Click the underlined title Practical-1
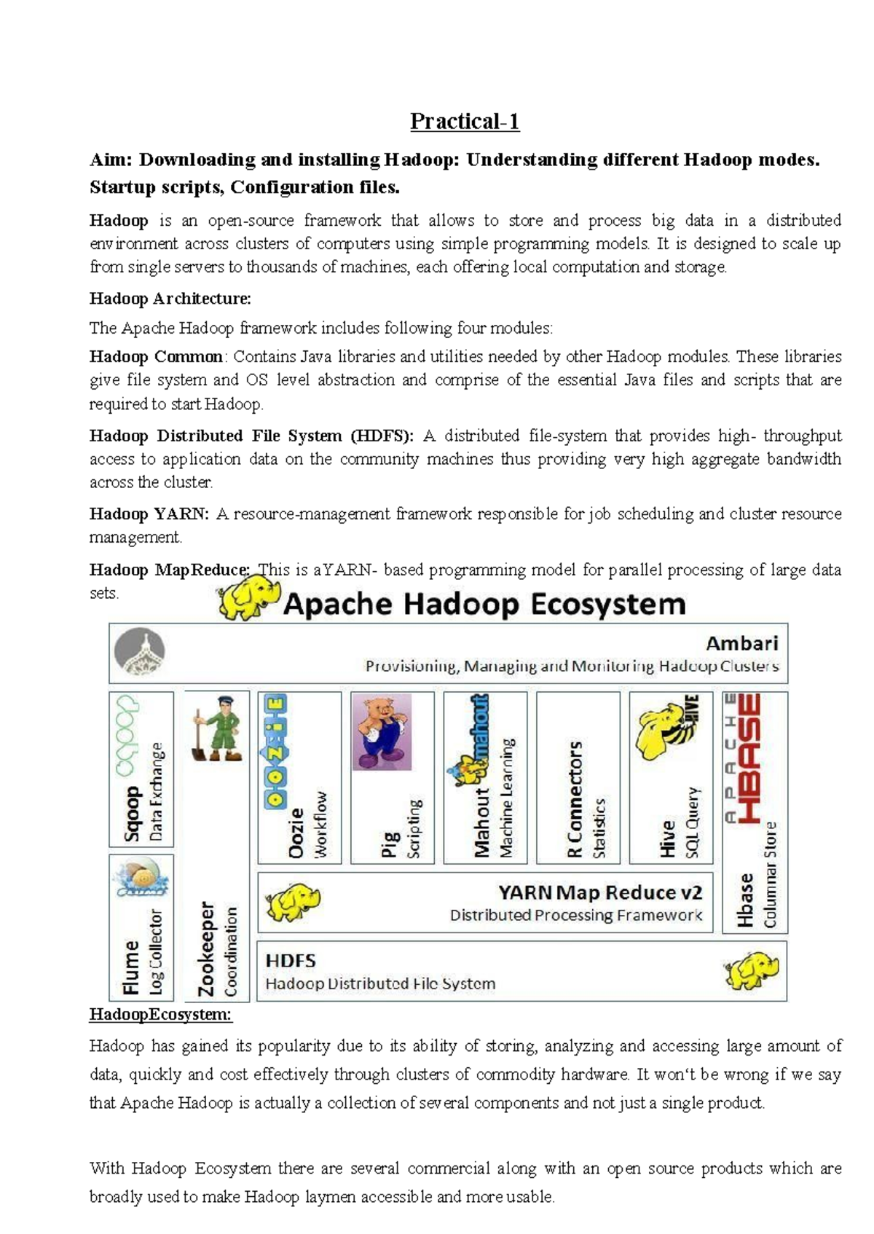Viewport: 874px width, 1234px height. [x=465, y=121]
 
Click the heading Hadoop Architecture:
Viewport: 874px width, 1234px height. [x=170, y=299]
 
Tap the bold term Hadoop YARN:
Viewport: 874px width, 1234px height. [x=149, y=514]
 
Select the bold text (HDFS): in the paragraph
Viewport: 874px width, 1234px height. [x=382, y=436]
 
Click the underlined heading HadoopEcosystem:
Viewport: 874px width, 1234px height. [x=160, y=1015]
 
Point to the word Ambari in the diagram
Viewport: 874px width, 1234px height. [x=741, y=643]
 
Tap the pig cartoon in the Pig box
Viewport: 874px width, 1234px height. [x=382, y=731]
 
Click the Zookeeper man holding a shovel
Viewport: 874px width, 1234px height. [x=217, y=729]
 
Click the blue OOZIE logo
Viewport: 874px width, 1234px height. [x=276, y=750]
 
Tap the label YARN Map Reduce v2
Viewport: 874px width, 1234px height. [x=600, y=892]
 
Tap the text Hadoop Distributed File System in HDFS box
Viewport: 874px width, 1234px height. [x=380, y=984]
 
